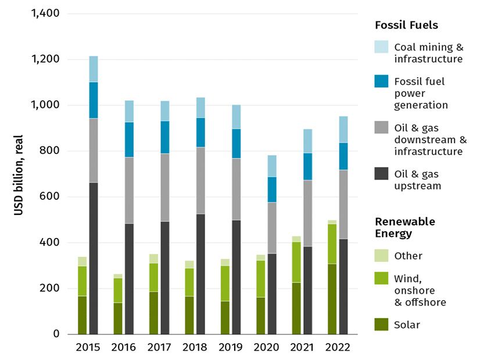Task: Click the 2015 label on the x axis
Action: pos(88,348)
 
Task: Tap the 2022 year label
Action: pos(337,348)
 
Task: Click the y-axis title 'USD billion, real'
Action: pos(19,174)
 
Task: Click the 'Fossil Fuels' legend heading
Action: pos(406,25)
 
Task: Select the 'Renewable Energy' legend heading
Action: pos(404,227)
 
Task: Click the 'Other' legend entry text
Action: pos(408,256)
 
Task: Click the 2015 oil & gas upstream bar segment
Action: pos(94,258)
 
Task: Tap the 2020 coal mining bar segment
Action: pos(272,166)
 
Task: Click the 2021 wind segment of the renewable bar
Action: pos(296,262)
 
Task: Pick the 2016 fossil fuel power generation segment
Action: pos(129,139)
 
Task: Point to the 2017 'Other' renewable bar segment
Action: pos(153,258)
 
